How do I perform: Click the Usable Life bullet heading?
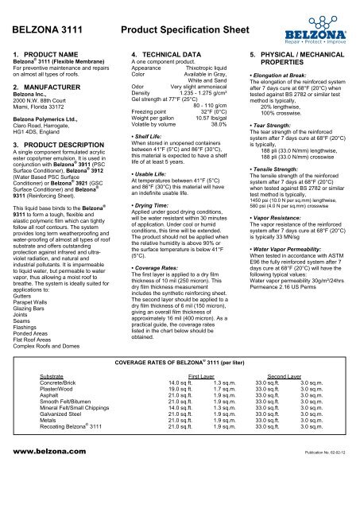(155, 196)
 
